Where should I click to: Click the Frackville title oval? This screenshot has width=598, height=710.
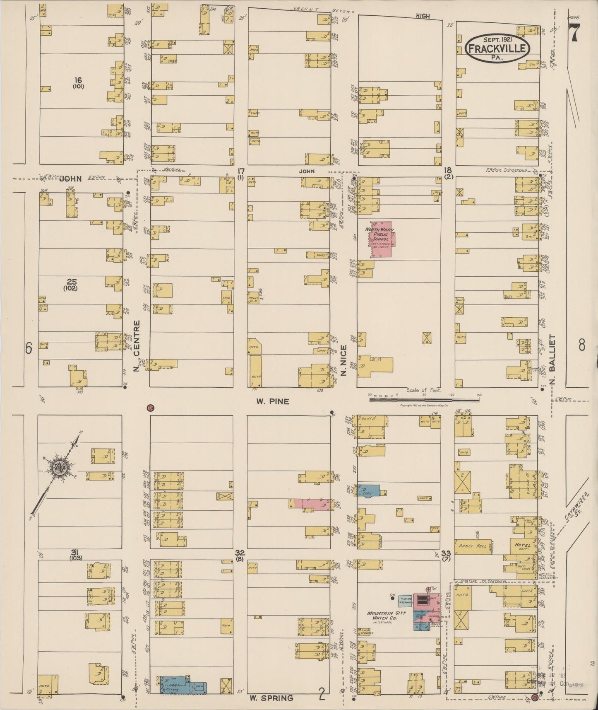(x=497, y=48)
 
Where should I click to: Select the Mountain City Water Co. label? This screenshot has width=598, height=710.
(x=387, y=616)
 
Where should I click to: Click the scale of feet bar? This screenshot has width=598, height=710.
(x=425, y=400)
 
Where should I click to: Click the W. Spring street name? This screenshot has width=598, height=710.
(x=271, y=698)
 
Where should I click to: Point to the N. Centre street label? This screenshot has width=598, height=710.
(x=137, y=345)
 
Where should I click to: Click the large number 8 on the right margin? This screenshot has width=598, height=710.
(x=582, y=345)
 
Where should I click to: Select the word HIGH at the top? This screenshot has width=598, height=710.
(x=423, y=16)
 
